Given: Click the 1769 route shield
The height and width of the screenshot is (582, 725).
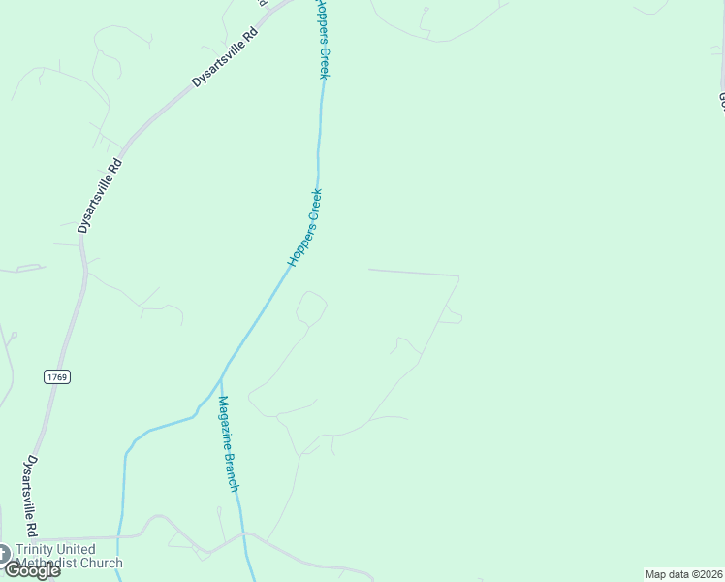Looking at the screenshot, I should pyautogui.click(x=57, y=376).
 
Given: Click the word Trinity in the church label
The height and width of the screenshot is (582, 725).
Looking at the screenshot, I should pyautogui.click(x=41, y=550).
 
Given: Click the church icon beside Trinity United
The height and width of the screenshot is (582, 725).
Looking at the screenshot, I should pyautogui.click(x=5, y=553).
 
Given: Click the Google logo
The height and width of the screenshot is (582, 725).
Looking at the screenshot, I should pyautogui.click(x=32, y=570).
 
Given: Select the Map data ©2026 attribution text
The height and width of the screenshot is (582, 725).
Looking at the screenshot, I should pyautogui.click(x=683, y=574).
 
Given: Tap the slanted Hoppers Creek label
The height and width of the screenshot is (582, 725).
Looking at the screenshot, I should pyautogui.click(x=304, y=228).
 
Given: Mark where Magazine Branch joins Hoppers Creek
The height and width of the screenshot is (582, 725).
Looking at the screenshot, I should pyautogui.click(x=223, y=374).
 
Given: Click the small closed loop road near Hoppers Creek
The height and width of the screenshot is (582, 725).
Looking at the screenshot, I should pyautogui.click(x=311, y=307).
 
